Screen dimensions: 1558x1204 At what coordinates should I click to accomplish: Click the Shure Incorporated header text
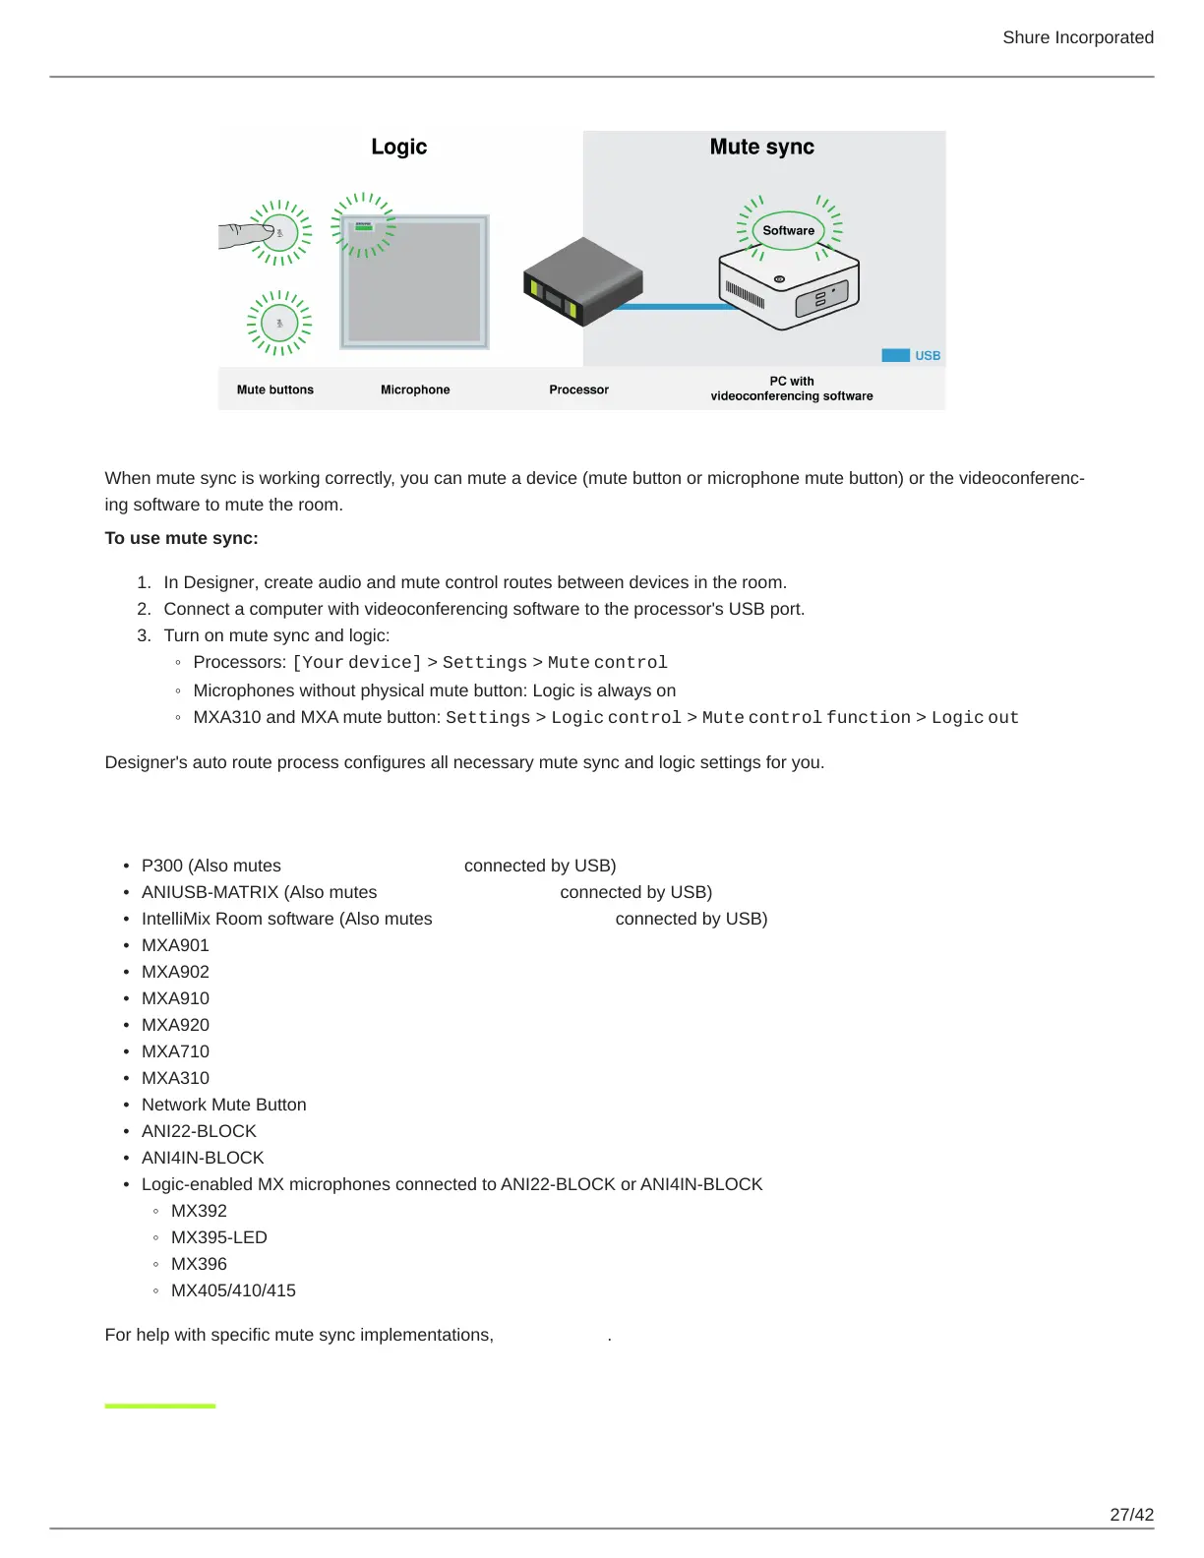coord(1077,37)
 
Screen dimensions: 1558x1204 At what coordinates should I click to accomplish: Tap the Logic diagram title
coord(398,147)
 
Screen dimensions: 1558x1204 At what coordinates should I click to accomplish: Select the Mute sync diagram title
coord(761,147)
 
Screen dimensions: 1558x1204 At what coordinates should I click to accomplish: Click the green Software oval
coord(788,231)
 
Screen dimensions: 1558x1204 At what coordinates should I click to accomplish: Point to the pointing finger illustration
coord(243,235)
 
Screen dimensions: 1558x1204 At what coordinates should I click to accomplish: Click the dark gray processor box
coord(582,281)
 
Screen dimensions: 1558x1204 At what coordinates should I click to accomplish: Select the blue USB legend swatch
coord(895,355)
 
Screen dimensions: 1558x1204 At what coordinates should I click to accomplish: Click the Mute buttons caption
coord(274,389)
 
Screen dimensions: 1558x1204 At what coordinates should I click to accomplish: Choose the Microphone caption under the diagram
coord(415,389)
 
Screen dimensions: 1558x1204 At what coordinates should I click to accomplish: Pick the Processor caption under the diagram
coord(578,389)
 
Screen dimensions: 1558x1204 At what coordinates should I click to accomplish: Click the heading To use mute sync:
coord(181,538)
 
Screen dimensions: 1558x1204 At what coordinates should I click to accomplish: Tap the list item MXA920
coord(175,1025)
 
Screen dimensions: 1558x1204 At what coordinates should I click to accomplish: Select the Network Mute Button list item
coord(223,1105)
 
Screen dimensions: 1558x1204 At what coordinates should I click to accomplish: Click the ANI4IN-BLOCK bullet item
coord(203,1158)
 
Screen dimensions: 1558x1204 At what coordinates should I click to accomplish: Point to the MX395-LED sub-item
coord(218,1237)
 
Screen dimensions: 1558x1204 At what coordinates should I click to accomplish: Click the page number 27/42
coord(1131,1515)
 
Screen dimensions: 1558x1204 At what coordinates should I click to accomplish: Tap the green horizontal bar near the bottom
coord(160,1407)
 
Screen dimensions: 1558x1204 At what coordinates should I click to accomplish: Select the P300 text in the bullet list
coord(162,866)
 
